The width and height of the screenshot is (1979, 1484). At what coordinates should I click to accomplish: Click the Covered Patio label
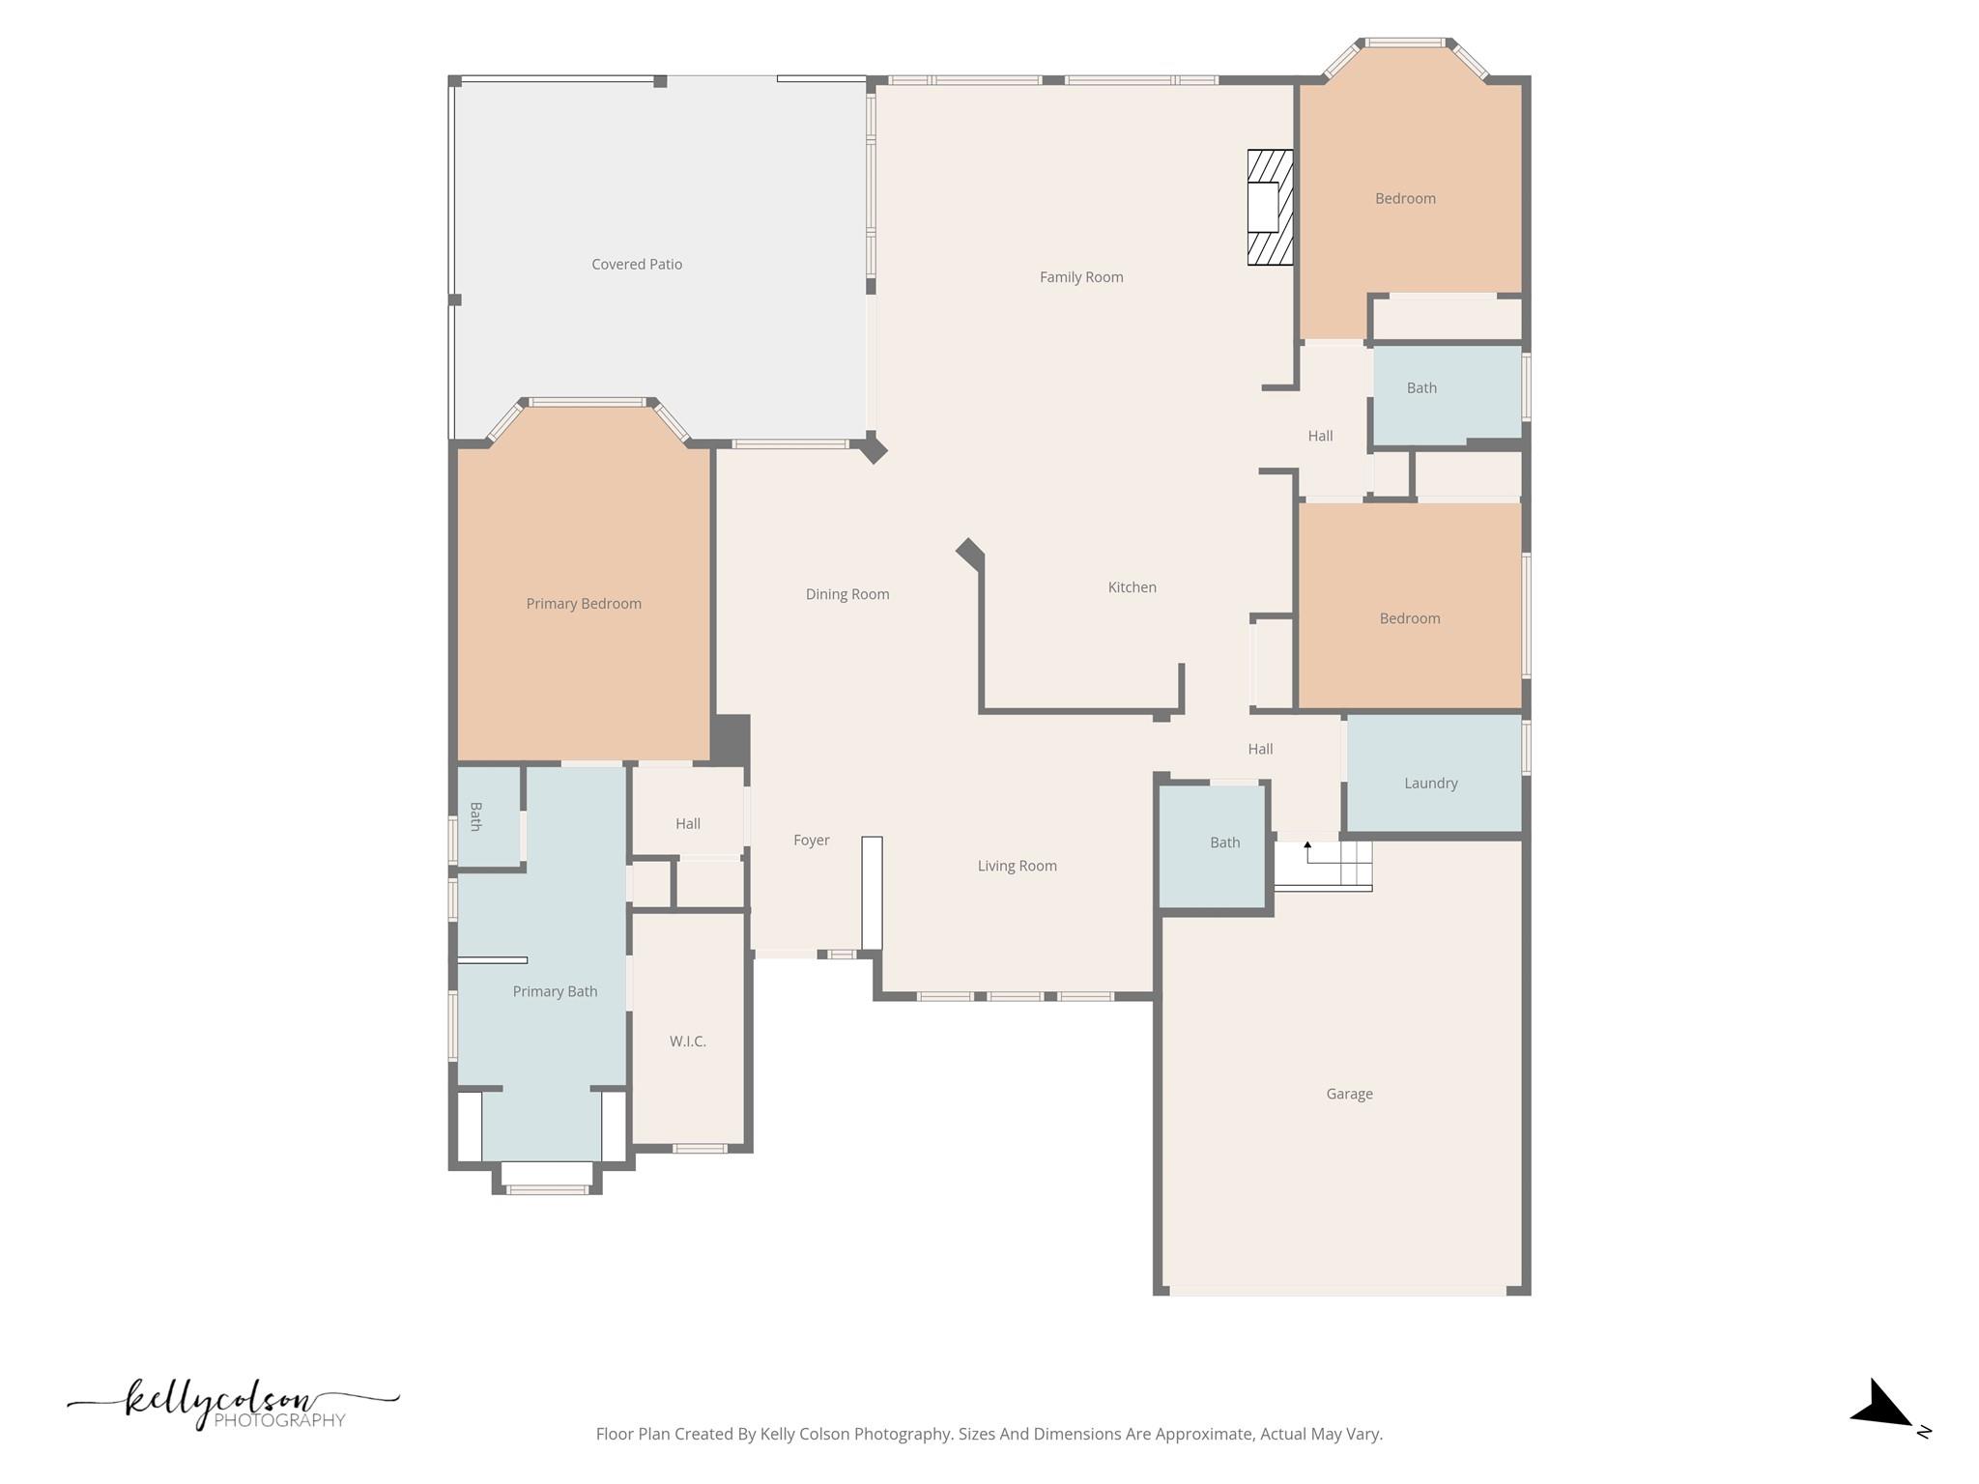tap(637, 264)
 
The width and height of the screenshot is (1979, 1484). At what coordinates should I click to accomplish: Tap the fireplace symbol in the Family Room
tap(1269, 207)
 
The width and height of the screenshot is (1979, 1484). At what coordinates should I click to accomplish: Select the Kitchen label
tap(1132, 587)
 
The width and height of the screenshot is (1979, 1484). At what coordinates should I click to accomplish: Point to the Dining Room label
tap(847, 594)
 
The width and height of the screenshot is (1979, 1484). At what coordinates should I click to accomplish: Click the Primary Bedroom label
tap(584, 604)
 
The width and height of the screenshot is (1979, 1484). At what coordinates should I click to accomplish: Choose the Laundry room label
tap(1430, 784)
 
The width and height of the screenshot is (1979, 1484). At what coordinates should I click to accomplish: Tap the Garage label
tap(1349, 1094)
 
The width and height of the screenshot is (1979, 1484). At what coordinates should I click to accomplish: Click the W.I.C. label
tap(688, 1042)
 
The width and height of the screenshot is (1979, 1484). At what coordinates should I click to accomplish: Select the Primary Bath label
tap(555, 991)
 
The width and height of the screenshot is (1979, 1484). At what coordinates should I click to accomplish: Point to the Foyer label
tap(812, 841)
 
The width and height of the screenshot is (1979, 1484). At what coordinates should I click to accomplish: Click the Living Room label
tap(1017, 866)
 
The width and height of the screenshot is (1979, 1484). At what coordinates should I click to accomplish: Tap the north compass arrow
tap(1882, 1407)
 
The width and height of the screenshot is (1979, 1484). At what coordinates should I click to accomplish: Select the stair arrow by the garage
tap(1307, 851)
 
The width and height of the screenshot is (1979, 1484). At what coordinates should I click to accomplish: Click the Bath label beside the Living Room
tap(1224, 842)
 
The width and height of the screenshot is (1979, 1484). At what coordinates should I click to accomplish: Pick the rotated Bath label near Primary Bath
tap(475, 816)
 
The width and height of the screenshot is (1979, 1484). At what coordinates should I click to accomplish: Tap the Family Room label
tap(1081, 277)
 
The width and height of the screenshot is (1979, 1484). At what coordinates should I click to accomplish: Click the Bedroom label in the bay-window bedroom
tap(1405, 199)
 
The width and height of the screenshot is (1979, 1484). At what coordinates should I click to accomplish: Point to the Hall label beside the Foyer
tap(688, 824)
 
